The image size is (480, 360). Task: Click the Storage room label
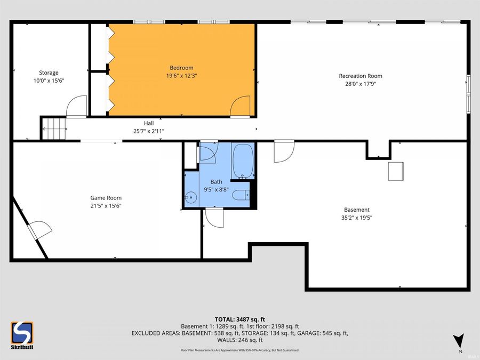[x=49, y=73]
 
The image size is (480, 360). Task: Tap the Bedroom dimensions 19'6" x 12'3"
[x=181, y=76]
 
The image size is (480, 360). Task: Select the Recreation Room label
[x=361, y=76]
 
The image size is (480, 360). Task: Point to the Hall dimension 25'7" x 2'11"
[x=149, y=131]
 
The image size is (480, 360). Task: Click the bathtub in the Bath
[x=243, y=161]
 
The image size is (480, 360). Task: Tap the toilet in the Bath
[x=241, y=195]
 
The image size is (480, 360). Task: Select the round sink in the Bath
[x=191, y=197]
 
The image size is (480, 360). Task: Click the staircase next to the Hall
[x=54, y=129]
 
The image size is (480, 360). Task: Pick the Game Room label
[x=106, y=198]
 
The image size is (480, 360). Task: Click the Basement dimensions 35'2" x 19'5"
[x=357, y=218]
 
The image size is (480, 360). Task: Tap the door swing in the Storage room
[x=77, y=106]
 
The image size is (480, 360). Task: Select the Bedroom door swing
[x=241, y=107]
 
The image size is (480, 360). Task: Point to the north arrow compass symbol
[x=459, y=340]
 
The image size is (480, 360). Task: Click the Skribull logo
[x=22, y=335]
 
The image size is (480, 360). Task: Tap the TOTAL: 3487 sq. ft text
[x=239, y=320]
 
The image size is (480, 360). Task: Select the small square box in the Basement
[x=396, y=171]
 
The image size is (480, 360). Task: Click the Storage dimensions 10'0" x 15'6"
[x=49, y=81]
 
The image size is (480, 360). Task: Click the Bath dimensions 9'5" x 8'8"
[x=216, y=190]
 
